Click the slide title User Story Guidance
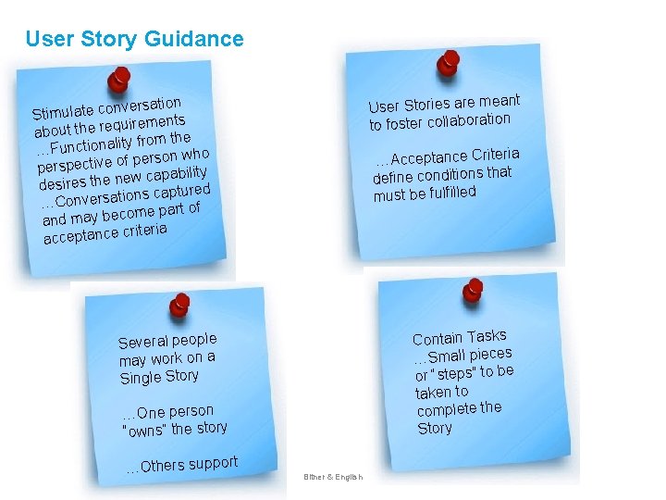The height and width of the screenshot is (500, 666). click(x=134, y=39)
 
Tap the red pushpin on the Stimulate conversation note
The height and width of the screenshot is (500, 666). click(x=118, y=81)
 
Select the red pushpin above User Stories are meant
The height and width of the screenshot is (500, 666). click(x=449, y=62)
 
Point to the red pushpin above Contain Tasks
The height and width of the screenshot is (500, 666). click(x=475, y=290)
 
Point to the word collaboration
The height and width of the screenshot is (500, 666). click(x=468, y=120)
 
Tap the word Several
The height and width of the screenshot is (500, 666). click(x=142, y=343)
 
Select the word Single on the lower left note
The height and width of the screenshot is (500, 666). click(x=140, y=378)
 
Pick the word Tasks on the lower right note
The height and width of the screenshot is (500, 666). click(x=487, y=336)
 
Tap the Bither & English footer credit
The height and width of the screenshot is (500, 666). click(x=333, y=478)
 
